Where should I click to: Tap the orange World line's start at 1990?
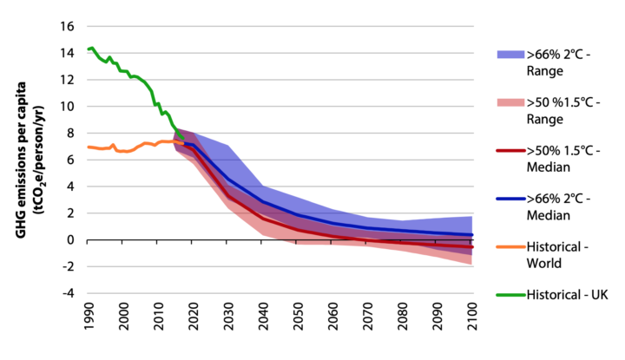pos(89,147)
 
